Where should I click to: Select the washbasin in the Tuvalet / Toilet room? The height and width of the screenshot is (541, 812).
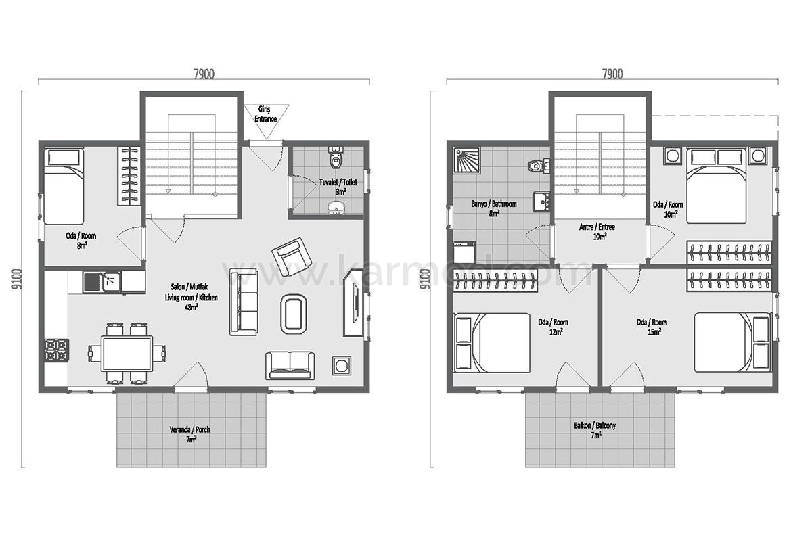(x=337, y=208)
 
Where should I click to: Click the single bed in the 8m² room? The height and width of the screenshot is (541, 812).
(x=64, y=186)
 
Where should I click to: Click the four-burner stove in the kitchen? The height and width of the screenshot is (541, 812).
(x=57, y=350)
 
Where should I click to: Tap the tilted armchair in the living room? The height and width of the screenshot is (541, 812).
(x=292, y=257)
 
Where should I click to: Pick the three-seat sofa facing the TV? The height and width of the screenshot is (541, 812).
(x=244, y=302)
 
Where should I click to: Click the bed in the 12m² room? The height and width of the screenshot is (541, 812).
(x=493, y=343)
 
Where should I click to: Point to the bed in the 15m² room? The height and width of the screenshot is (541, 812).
(x=732, y=342)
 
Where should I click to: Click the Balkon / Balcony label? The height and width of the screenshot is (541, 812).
(x=595, y=430)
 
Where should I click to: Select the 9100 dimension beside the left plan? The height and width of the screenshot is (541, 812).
(x=17, y=279)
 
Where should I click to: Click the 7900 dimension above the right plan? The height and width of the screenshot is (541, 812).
(x=612, y=74)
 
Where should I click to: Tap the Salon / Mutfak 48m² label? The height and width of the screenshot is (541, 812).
(x=191, y=297)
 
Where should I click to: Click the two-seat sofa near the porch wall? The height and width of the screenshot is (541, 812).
(x=290, y=365)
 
